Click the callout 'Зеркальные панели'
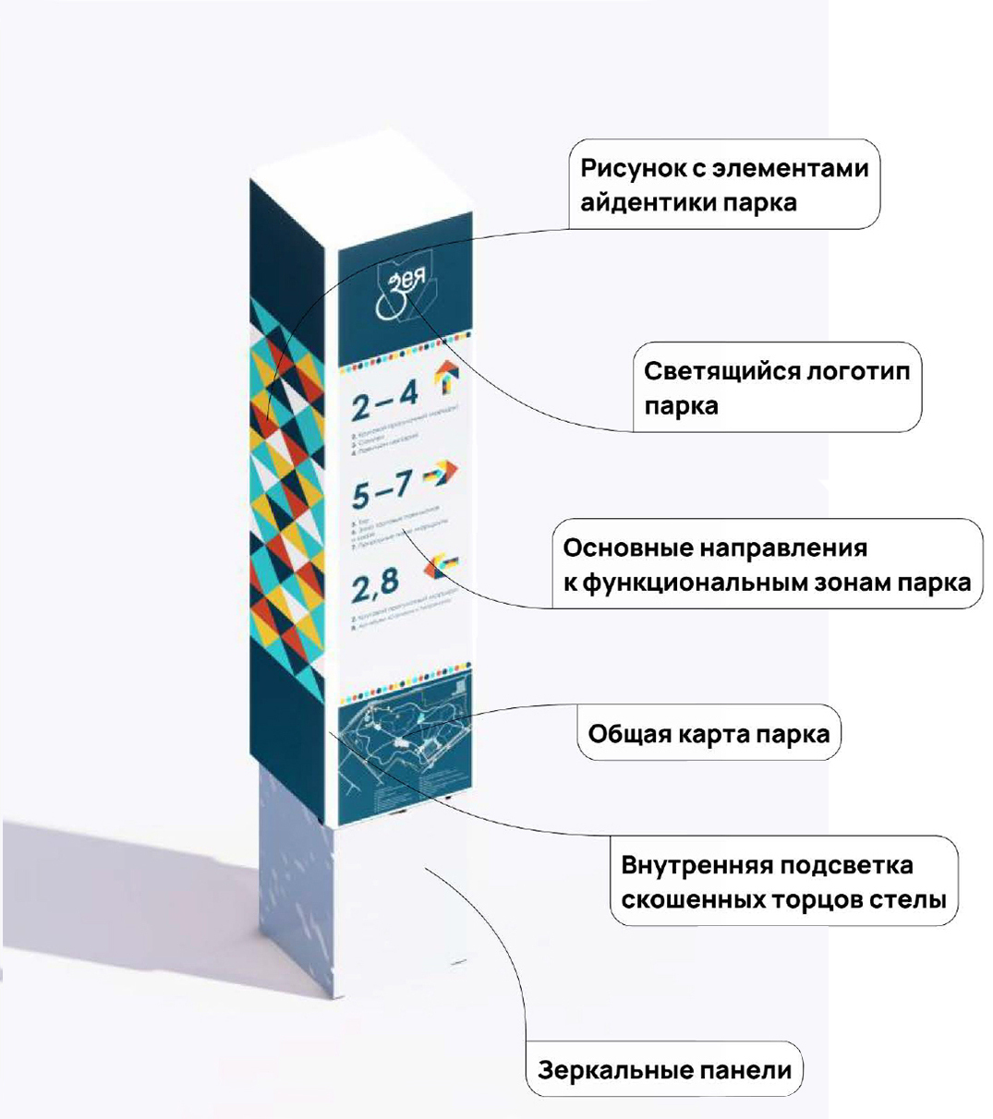[664, 1070]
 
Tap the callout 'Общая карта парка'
[708, 734]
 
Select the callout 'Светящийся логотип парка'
[777, 388]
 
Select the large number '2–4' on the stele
[384, 401]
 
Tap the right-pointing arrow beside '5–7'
[441, 475]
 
